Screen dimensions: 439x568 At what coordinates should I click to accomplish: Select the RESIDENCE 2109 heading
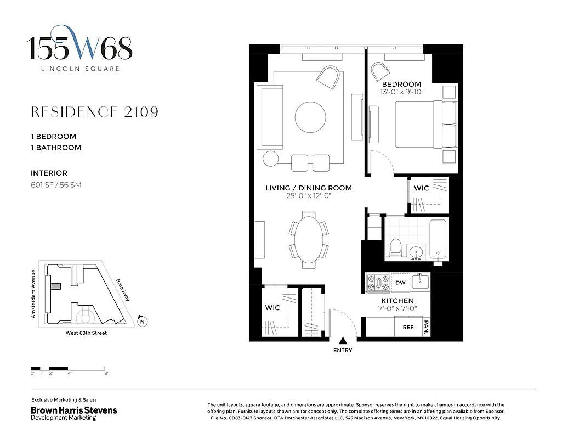click(95, 112)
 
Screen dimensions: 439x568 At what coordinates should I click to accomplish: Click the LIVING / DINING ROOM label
click(308, 188)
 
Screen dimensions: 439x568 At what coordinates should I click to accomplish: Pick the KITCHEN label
click(397, 301)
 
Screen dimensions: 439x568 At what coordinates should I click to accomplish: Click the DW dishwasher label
click(400, 283)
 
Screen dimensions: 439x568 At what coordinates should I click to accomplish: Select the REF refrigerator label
click(408, 327)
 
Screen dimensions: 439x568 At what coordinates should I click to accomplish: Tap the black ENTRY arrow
click(343, 341)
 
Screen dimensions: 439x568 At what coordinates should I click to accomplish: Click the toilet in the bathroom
click(395, 248)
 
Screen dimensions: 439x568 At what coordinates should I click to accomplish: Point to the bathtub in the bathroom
click(438, 239)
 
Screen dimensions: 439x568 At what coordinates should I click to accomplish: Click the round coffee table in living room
click(310, 116)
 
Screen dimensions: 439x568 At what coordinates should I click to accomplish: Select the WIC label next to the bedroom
click(421, 188)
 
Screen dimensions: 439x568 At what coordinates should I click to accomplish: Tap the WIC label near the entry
click(272, 308)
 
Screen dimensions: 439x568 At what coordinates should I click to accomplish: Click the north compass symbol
click(143, 322)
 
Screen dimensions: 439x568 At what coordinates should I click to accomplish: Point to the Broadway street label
click(122, 290)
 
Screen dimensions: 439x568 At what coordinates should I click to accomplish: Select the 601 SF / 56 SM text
click(56, 185)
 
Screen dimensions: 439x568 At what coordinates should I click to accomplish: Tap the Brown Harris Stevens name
click(73, 410)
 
